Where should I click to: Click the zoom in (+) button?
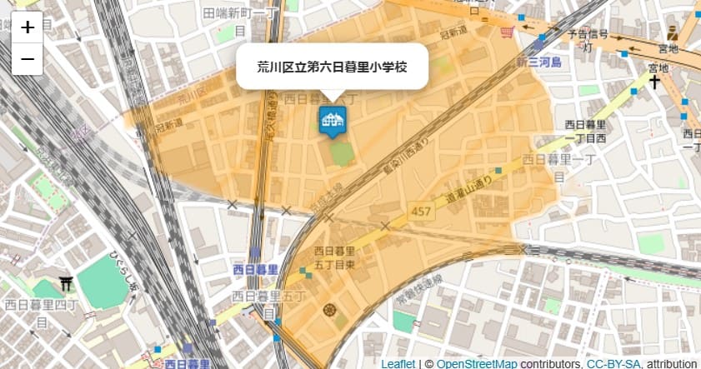tap(28, 27)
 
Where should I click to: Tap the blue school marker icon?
tap(332, 120)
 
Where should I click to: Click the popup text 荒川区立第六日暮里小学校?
tap(332, 66)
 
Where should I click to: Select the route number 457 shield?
tap(421, 212)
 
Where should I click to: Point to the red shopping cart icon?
tap(507, 31)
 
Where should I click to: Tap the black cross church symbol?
tap(655, 82)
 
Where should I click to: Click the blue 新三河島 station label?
tap(538, 63)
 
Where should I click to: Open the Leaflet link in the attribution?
tap(398, 364)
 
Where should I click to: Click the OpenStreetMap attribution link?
tap(476, 364)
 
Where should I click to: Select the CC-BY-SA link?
tap(613, 364)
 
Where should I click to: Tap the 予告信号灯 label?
tap(588, 40)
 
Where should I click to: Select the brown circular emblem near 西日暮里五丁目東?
tap(328, 311)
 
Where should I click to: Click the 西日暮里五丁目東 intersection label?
tap(334, 257)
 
